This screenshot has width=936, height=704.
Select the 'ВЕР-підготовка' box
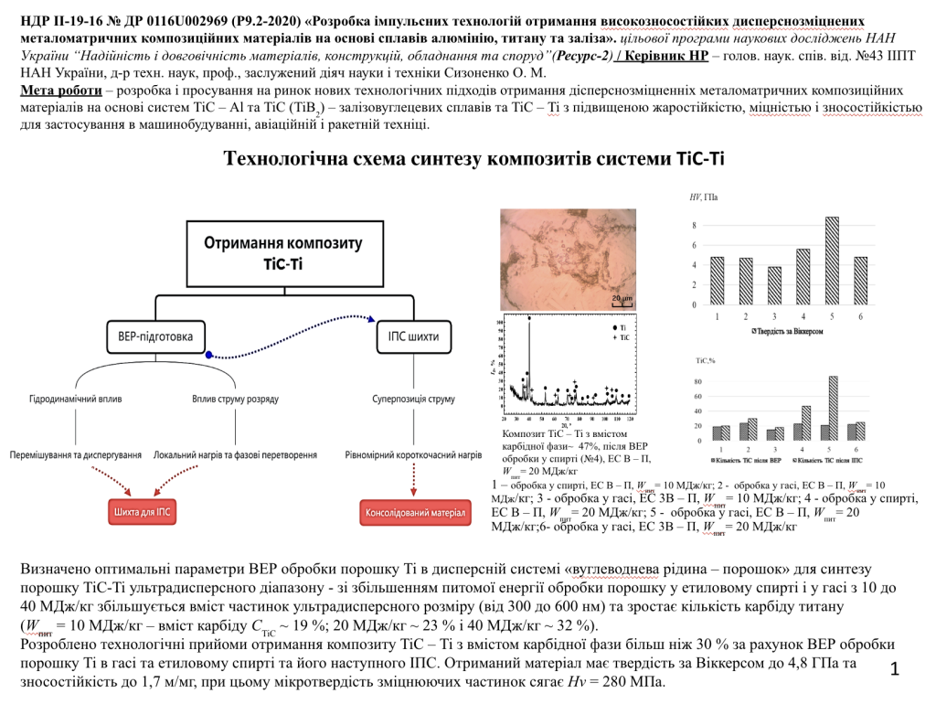pos(154,336)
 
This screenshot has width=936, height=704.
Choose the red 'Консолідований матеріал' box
pos(416,512)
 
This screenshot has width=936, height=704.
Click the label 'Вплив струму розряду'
pos(235,399)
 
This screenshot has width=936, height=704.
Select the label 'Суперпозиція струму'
pos(413,399)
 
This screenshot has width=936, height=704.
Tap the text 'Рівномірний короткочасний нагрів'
pos(413,454)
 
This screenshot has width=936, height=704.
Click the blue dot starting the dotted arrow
pos(209,355)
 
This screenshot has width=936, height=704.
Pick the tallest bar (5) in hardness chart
pos(832,261)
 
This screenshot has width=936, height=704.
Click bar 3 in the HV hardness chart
pos(775,286)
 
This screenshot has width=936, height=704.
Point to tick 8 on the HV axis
pos(694,226)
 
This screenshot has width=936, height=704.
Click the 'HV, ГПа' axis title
pos(703,197)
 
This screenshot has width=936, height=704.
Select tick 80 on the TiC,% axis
pos(697,381)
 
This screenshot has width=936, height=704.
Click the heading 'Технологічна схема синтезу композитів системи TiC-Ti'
pos(473,158)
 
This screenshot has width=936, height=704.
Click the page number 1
pos(894,670)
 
